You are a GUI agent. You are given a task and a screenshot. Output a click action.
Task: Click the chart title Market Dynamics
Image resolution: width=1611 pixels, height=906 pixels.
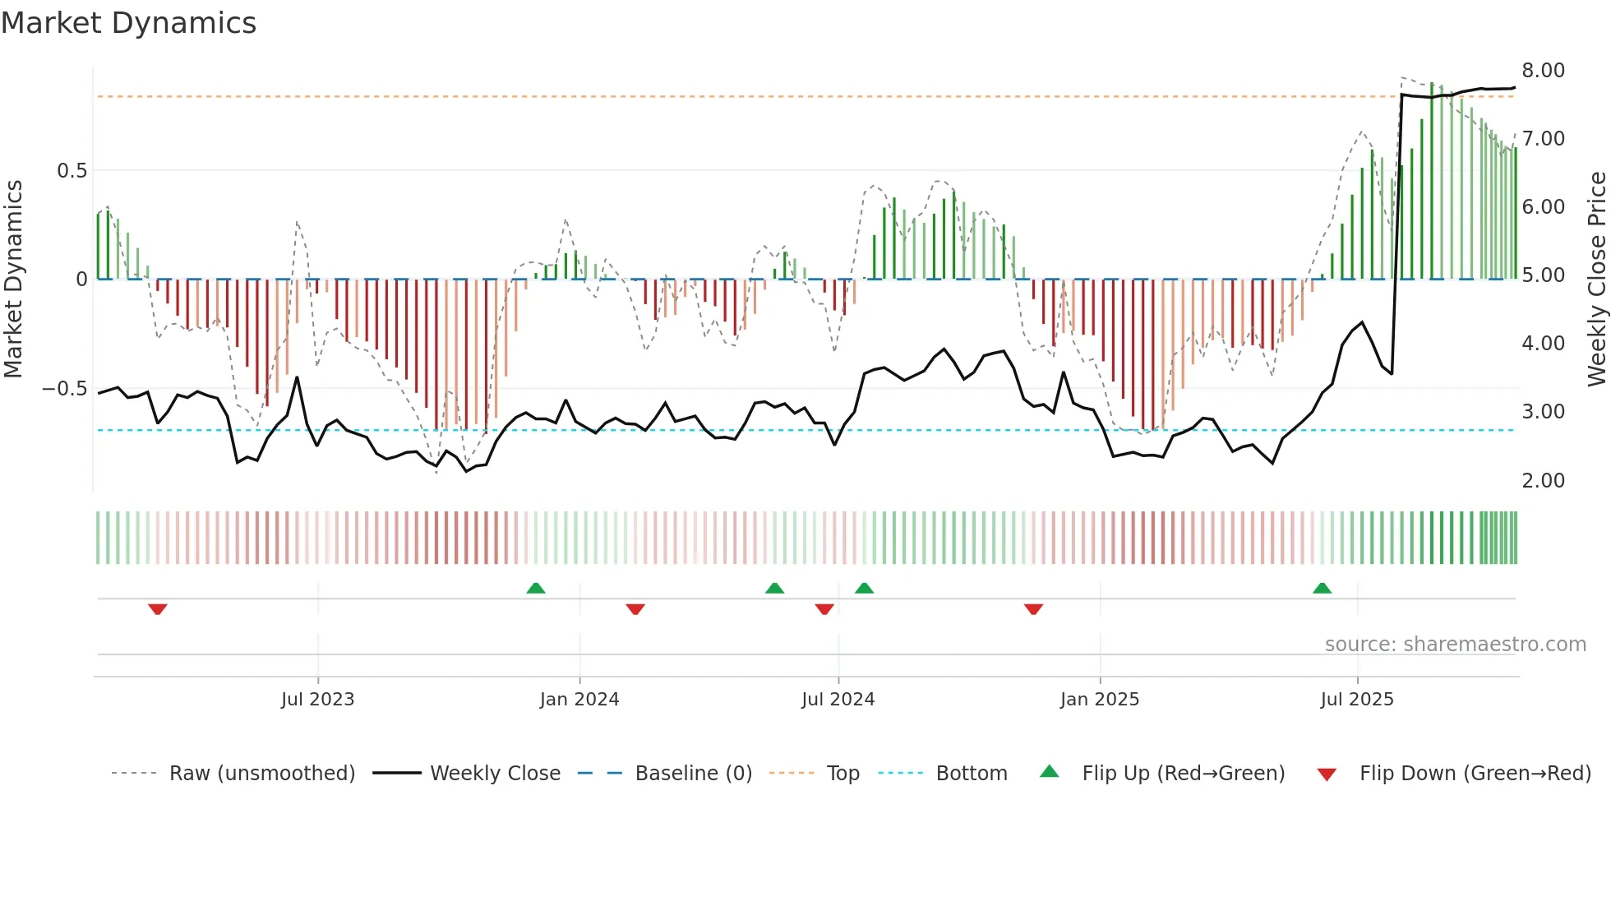(129, 23)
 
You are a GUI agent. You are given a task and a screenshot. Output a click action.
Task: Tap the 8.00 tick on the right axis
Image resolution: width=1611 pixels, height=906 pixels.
(1543, 71)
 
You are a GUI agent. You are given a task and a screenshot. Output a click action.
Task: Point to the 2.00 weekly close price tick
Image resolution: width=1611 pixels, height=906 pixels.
(1543, 481)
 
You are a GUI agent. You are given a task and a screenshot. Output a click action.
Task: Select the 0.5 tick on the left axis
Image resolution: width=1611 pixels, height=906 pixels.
(72, 171)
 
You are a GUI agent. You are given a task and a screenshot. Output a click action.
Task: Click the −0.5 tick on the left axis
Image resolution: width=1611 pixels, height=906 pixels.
(65, 389)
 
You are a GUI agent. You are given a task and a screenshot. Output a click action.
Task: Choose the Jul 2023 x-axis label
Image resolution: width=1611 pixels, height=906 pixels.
(317, 700)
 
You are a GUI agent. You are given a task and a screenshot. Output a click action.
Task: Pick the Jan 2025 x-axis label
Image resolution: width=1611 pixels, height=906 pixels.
(1099, 700)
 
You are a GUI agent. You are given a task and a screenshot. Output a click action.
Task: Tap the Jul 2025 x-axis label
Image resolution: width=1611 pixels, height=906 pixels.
(1356, 700)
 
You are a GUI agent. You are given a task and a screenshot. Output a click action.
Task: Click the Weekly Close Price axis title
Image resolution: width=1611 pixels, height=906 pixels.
(1596, 280)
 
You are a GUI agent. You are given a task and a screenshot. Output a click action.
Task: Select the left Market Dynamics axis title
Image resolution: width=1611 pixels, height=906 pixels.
(13, 280)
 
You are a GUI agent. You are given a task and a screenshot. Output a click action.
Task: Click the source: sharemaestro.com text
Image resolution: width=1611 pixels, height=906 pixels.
(1455, 645)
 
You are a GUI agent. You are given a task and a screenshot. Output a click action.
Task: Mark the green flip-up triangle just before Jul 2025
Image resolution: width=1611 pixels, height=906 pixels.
(1322, 588)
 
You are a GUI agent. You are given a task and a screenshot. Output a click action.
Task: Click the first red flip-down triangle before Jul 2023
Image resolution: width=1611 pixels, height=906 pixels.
(158, 609)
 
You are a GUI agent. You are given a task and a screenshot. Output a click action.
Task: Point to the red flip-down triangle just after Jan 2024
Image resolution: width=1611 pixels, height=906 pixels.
(635, 609)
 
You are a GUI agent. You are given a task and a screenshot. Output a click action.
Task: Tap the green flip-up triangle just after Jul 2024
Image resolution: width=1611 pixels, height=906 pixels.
(864, 588)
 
